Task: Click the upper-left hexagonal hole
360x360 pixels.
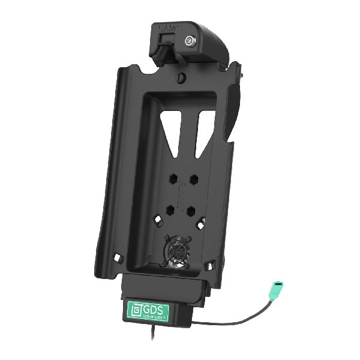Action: [173, 179]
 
